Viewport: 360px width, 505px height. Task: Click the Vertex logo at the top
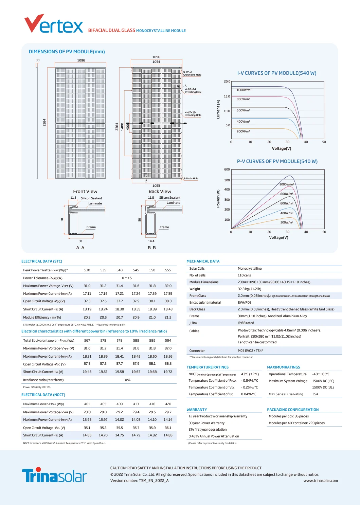click(x=54, y=24)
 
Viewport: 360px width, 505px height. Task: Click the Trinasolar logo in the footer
click(x=54, y=475)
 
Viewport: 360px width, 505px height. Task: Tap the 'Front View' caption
click(x=85, y=192)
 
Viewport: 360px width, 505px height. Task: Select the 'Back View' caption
click(x=160, y=192)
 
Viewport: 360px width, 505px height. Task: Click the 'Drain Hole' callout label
click(x=191, y=179)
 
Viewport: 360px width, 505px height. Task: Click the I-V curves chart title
click(x=277, y=73)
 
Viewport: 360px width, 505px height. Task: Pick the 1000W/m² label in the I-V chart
click(x=244, y=90)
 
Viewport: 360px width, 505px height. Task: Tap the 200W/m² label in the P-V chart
click(x=287, y=222)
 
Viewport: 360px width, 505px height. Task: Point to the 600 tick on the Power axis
click(x=227, y=169)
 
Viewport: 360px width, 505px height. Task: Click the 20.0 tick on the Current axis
click(x=227, y=82)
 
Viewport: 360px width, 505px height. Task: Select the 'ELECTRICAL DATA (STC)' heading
click(x=42, y=261)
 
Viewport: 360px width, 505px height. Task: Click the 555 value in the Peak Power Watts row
click(x=168, y=270)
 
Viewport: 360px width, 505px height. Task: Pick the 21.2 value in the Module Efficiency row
click(x=168, y=318)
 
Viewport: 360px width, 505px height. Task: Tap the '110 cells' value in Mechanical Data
click(x=244, y=275)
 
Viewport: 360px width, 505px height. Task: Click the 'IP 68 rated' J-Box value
click(x=246, y=323)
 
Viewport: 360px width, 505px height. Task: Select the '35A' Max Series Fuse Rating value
click(x=315, y=394)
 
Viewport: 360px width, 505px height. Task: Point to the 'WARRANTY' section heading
click(x=197, y=410)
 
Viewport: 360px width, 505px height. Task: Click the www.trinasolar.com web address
click(x=321, y=481)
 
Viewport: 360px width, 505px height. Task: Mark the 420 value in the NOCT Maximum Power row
click(x=168, y=404)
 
